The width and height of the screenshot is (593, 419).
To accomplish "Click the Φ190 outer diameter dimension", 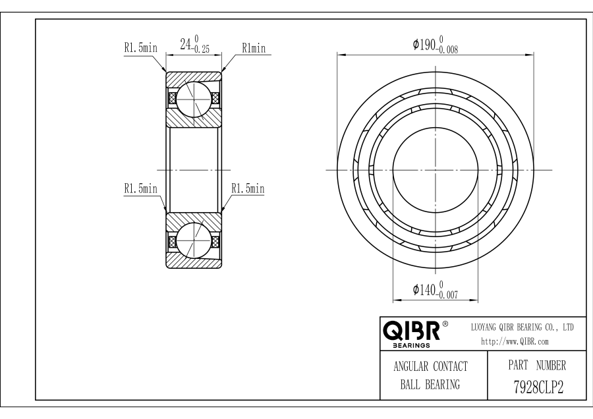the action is (436, 45).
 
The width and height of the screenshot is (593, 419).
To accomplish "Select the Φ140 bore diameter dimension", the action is (436, 290).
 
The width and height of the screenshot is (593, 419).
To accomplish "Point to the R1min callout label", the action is (254, 48).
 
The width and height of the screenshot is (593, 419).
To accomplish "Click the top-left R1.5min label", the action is (141, 47).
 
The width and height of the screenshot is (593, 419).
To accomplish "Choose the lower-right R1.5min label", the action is (248, 188).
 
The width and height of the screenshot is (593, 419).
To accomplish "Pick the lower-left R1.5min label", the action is (141, 188).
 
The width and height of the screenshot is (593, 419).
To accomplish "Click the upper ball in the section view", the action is (193, 98).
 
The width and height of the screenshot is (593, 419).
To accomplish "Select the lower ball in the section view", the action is (193, 240).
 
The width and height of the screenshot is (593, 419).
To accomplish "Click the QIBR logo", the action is (412, 333).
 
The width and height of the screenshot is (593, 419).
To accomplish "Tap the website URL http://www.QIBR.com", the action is (515, 341).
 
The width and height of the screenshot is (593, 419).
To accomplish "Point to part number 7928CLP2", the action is (538, 387).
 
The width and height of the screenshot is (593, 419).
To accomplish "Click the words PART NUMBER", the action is (537, 365).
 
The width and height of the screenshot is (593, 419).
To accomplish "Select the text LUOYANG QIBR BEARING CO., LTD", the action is (522, 327).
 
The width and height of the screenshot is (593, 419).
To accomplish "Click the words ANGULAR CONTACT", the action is (430, 366).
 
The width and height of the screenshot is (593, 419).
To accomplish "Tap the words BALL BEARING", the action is (430, 385).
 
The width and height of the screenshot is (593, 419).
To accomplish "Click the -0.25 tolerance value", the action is (200, 49).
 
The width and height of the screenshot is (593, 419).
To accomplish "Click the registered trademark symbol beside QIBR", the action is (445, 323).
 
